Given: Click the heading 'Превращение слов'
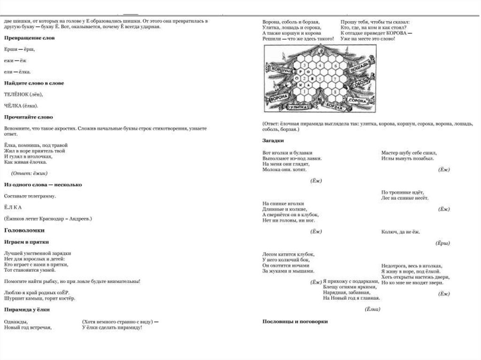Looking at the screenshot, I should [29, 38].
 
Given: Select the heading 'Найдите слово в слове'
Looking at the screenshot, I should [34, 83].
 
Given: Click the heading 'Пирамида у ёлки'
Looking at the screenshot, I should [27, 310].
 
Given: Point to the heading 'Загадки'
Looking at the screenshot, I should [273, 140].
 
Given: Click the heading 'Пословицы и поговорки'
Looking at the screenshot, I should [295, 322].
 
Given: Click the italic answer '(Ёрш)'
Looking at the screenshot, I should [443, 243].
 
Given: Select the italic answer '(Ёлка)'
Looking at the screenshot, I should [372, 309].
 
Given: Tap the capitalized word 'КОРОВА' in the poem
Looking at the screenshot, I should [397, 33].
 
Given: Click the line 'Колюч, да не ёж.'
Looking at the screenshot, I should [401, 232].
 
